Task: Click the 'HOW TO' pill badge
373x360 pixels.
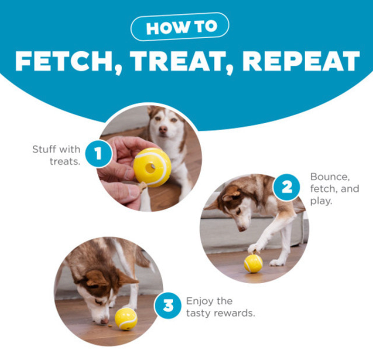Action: [x=180, y=27]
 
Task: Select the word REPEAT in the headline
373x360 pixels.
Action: [x=301, y=61]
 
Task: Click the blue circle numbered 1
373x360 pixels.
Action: [x=98, y=153]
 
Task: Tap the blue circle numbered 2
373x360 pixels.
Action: [x=286, y=187]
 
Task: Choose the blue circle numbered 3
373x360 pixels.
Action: [x=168, y=305]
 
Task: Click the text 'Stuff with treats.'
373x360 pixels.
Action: [x=56, y=155]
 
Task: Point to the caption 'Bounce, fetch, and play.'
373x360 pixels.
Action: [x=334, y=188]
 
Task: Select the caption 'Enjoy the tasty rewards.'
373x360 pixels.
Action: [x=220, y=307]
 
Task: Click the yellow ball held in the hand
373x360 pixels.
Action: [x=152, y=167]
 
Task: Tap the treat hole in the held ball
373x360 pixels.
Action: [x=150, y=168]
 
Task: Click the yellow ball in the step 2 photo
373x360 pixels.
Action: [x=253, y=263]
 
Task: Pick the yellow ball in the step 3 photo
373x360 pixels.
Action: [x=126, y=319]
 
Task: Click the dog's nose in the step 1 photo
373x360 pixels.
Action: [x=163, y=129]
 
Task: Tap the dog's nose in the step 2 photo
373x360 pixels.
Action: [x=242, y=228]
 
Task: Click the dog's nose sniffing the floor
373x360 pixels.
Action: [x=104, y=321]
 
